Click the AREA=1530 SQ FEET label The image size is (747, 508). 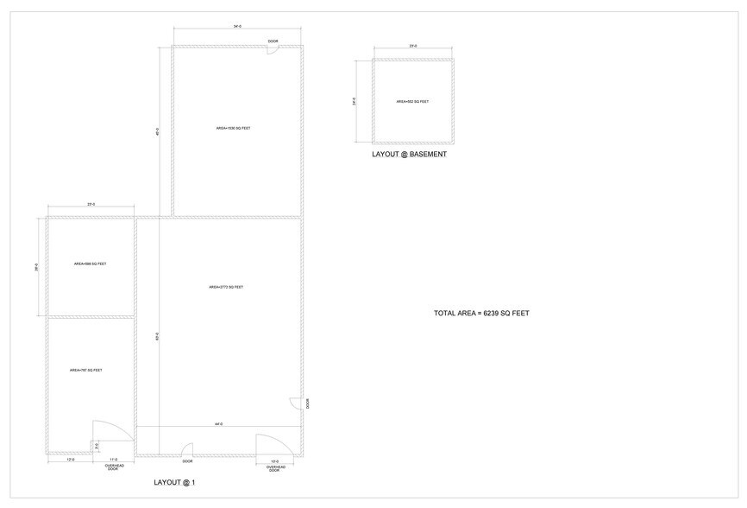(x=233, y=128)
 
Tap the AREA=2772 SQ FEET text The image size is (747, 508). (x=226, y=287)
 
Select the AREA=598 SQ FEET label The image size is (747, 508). (x=90, y=264)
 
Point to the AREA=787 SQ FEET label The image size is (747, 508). (x=86, y=370)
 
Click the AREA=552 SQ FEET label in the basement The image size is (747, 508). (x=412, y=101)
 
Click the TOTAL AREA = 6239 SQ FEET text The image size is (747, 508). (x=481, y=313)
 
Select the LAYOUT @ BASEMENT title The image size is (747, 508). (x=409, y=155)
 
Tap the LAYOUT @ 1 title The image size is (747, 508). (x=174, y=482)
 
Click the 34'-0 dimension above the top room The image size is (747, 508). (x=236, y=27)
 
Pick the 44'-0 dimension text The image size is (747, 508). (x=219, y=423)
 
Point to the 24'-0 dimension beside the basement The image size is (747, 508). (x=355, y=101)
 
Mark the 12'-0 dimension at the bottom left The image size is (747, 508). (x=70, y=460)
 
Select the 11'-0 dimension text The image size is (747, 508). (x=113, y=460)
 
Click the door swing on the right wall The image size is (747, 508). (x=295, y=403)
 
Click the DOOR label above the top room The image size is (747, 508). (x=273, y=41)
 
